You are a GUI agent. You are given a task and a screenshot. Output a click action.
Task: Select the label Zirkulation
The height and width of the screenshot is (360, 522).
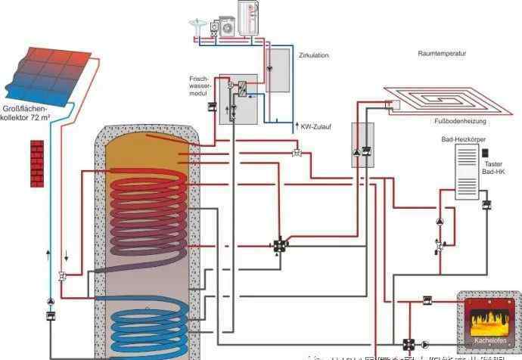314,55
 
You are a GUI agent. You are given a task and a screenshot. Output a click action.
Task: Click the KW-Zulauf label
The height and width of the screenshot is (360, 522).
317,126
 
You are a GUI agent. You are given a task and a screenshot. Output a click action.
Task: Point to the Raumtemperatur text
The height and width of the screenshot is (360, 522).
442,54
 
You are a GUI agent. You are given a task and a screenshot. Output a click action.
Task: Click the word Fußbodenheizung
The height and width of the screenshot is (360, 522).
465,121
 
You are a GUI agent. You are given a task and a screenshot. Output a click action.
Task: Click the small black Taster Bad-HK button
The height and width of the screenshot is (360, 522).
486,154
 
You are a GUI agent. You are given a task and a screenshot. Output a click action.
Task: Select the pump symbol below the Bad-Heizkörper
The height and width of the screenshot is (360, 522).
440,222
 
